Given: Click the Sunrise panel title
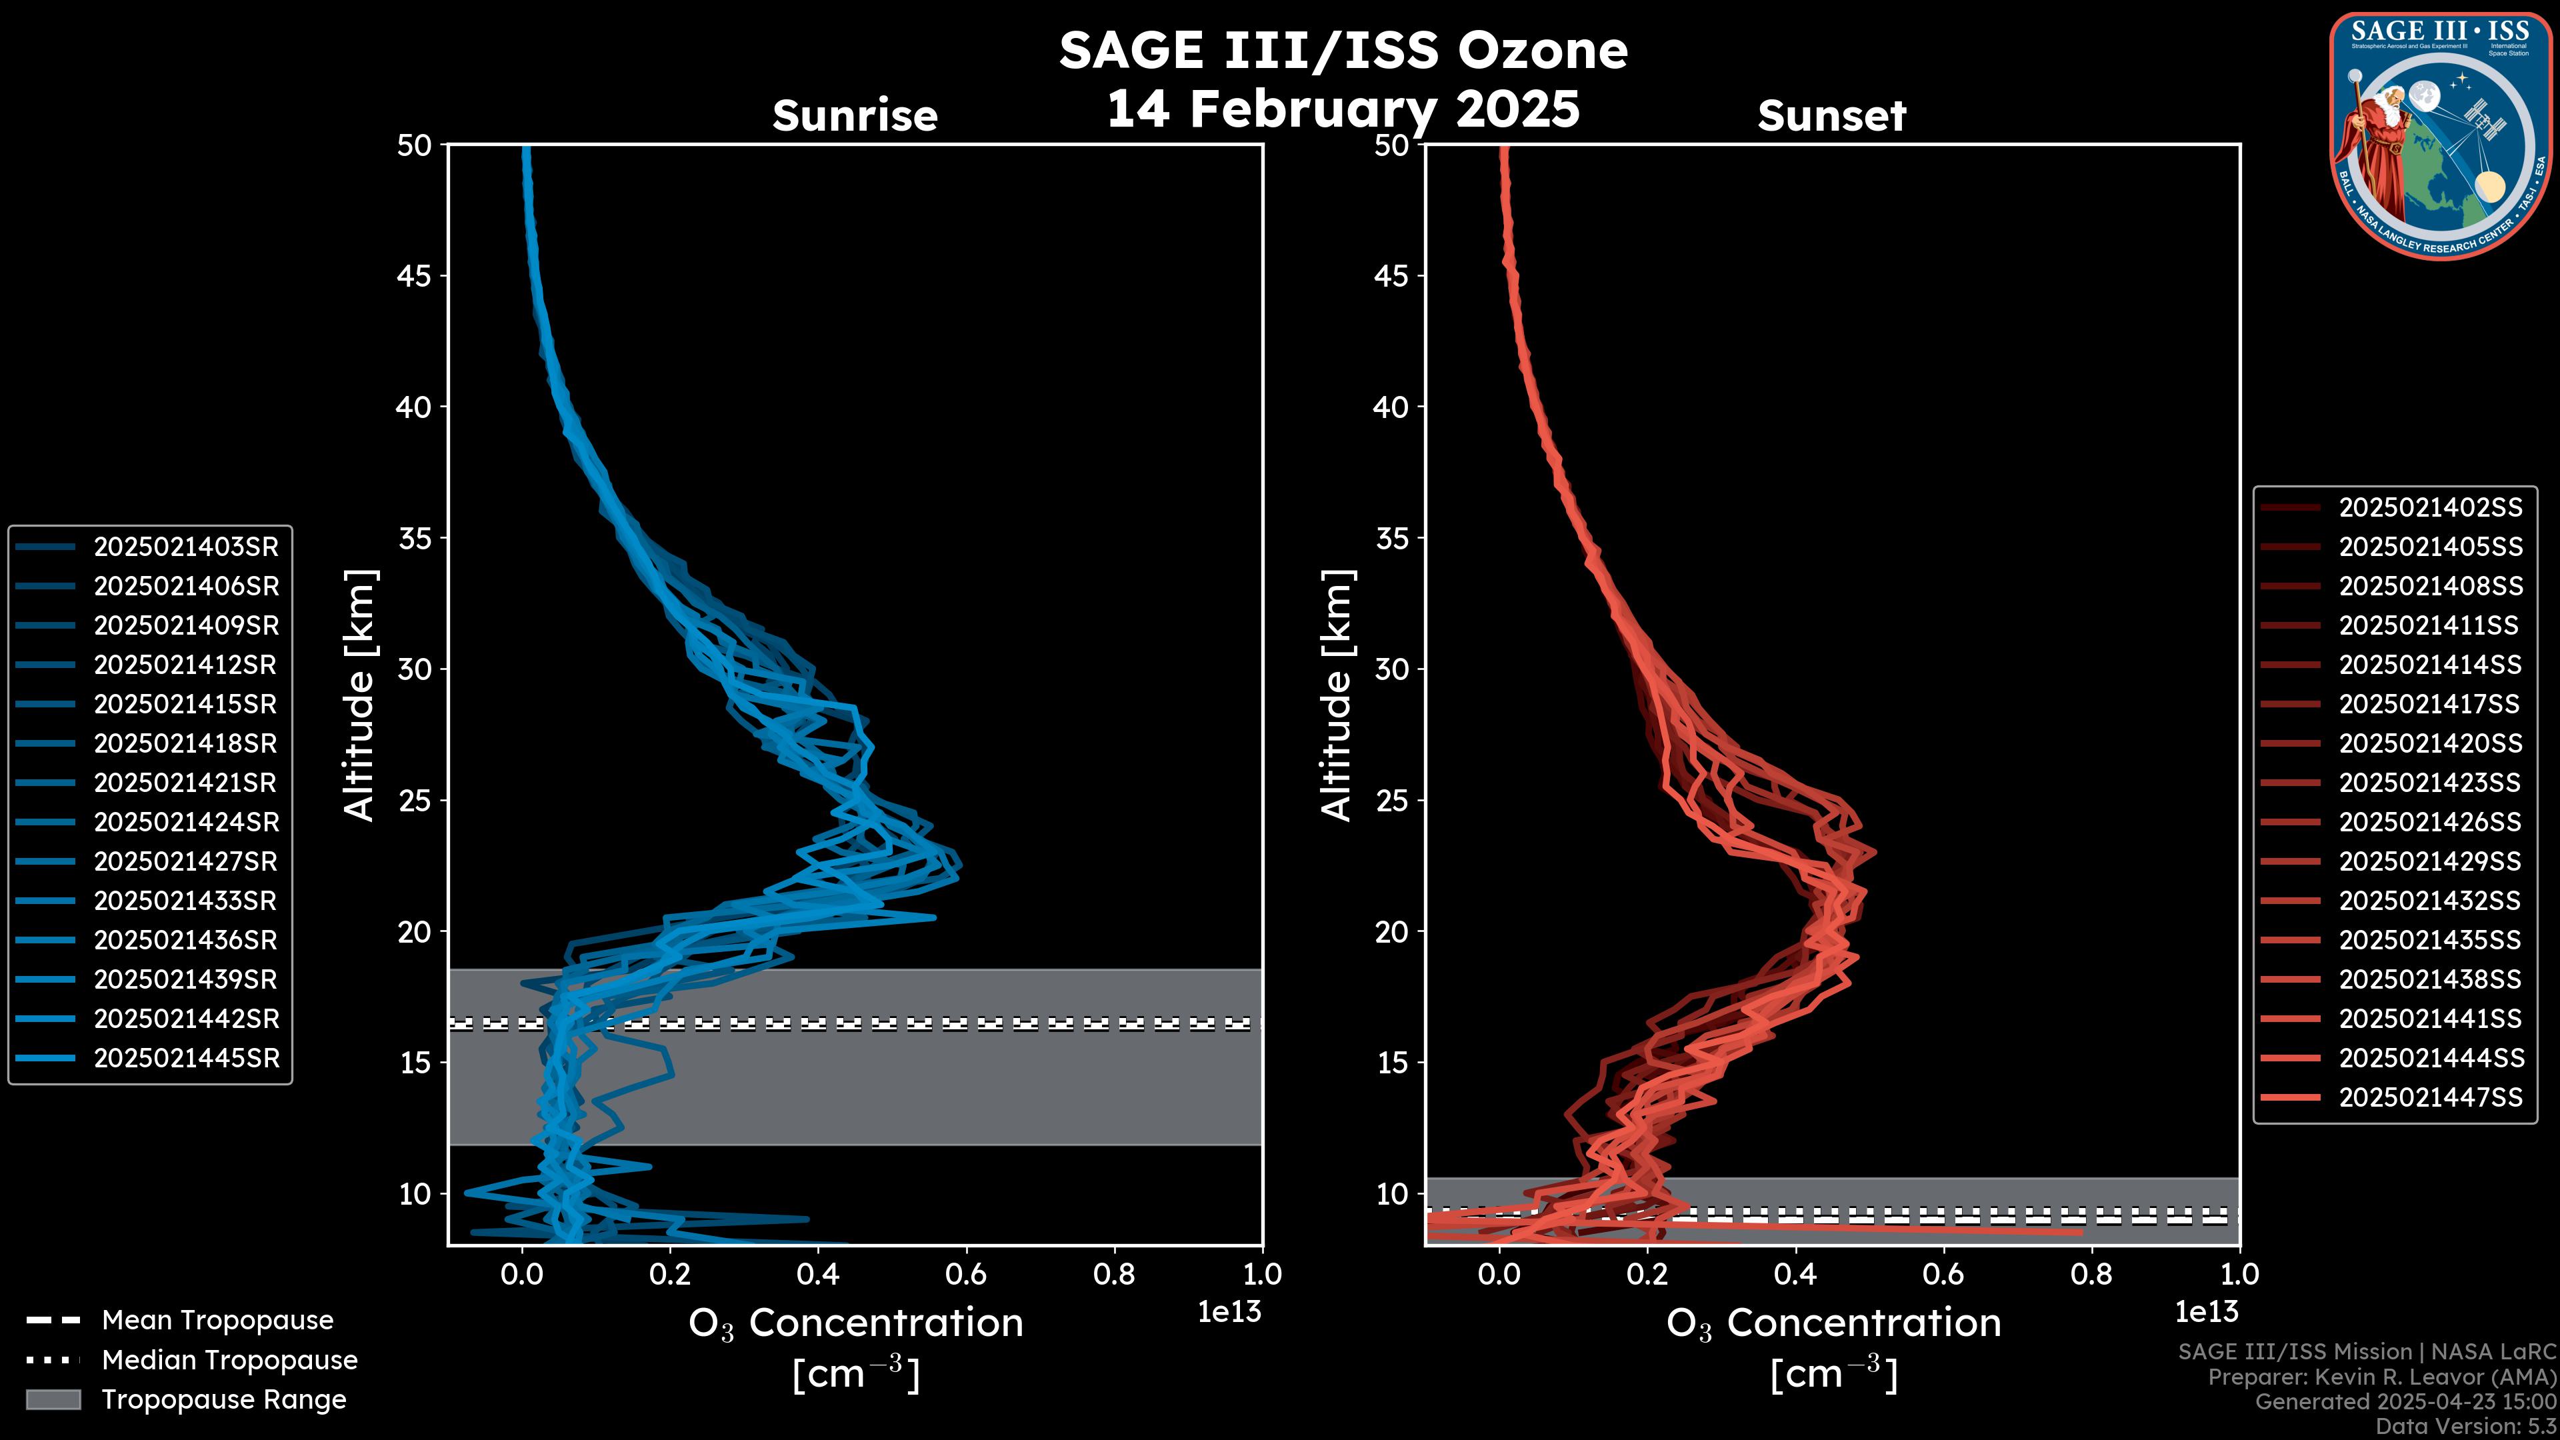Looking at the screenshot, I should (x=855, y=116).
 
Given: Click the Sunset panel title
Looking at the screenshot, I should (x=1831, y=116).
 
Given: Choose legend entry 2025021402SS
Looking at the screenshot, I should (x=2430, y=508).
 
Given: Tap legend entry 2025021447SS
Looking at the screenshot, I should (x=2430, y=1097).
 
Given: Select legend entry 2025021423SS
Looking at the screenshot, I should (x=2430, y=783).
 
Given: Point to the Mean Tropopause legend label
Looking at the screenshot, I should (x=217, y=1321).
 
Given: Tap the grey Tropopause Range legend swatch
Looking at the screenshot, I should (x=53, y=1399).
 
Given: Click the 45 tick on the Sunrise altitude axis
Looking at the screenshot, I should (x=415, y=276).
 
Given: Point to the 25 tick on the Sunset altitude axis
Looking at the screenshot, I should (x=1392, y=801).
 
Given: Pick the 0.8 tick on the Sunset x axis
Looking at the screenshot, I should (x=2091, y=1274).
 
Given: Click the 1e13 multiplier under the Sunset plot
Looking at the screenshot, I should (x=2206, y=1312).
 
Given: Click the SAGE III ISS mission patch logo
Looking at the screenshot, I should (x=2442, y=135).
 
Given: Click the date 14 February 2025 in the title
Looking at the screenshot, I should (x=1343, y=108).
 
